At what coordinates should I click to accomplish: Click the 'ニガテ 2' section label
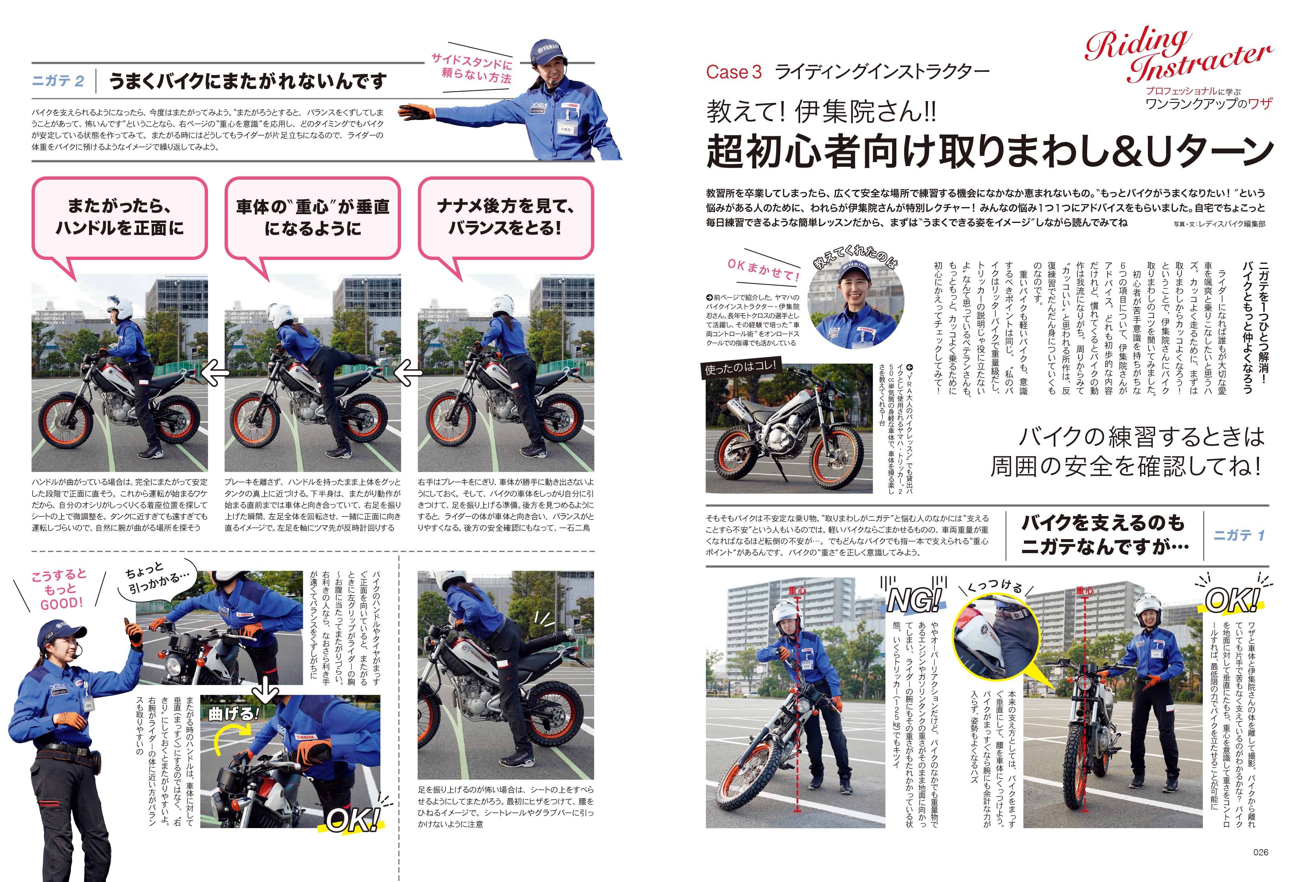point(58,81)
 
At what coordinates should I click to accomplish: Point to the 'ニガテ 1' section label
point(1239,535)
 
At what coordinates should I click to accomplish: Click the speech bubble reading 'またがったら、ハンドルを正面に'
point(119,217)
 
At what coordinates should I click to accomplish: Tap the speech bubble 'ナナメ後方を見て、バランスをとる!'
point(505,217)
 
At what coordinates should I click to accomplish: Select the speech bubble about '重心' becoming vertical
point(312,217)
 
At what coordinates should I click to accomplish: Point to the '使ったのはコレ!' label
point(740,368)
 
